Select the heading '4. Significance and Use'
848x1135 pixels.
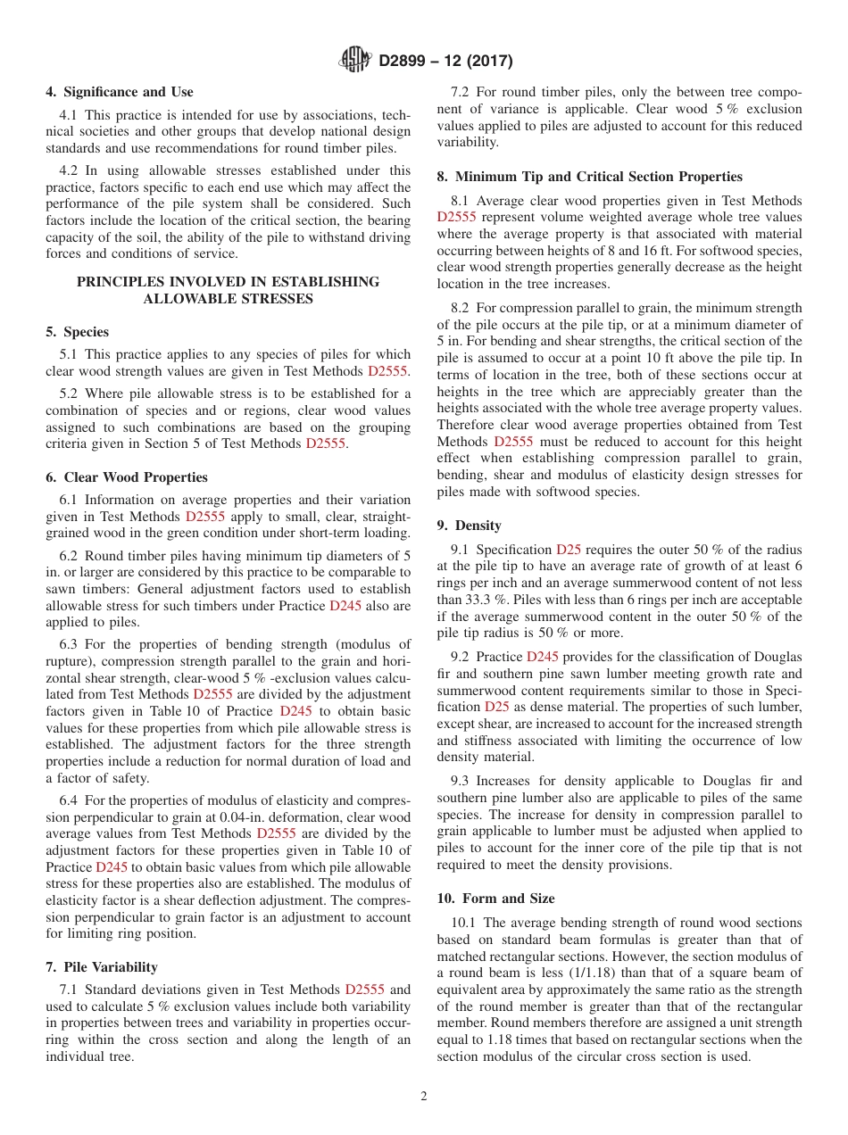coord(120,92)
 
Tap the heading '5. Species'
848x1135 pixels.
coord(78,332)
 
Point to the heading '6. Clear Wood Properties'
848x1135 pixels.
coord(127,477)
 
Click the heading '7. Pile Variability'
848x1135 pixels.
coord(102,967)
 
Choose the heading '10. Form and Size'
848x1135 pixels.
coord(495,899)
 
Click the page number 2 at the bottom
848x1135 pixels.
coord(424,1097)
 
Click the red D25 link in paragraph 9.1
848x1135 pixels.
coord(569,550)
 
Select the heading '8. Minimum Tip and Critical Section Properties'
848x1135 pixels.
coord(590,177)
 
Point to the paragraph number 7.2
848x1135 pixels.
coord(461,92)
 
